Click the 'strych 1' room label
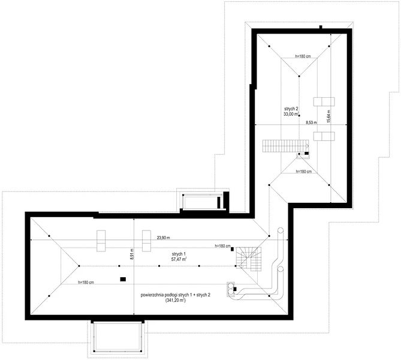(x=179, y=254)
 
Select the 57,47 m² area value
(x=179, y=259)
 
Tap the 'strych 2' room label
(x=291, y=109)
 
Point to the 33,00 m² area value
(x=291, y=114)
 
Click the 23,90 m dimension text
(x=164, y=238)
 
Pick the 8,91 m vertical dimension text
(x=132, y=254)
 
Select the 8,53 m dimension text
(x=312, y=122)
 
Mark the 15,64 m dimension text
(x=329, y=116)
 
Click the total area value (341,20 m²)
(x=176, y=301)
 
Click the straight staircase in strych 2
(x=285, y=146)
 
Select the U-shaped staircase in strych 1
(x=248, y=259)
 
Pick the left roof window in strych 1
(x=101, y=241)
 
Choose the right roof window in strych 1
(x=146, y=241)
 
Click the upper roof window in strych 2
(x=324, y=101)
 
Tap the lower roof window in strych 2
(x=324, y=136)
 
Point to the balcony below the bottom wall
(x=117, y=337)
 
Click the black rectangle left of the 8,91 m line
(x=123, y=280)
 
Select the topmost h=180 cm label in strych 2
(x=303, y=56)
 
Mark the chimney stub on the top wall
(x=321, y=27)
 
